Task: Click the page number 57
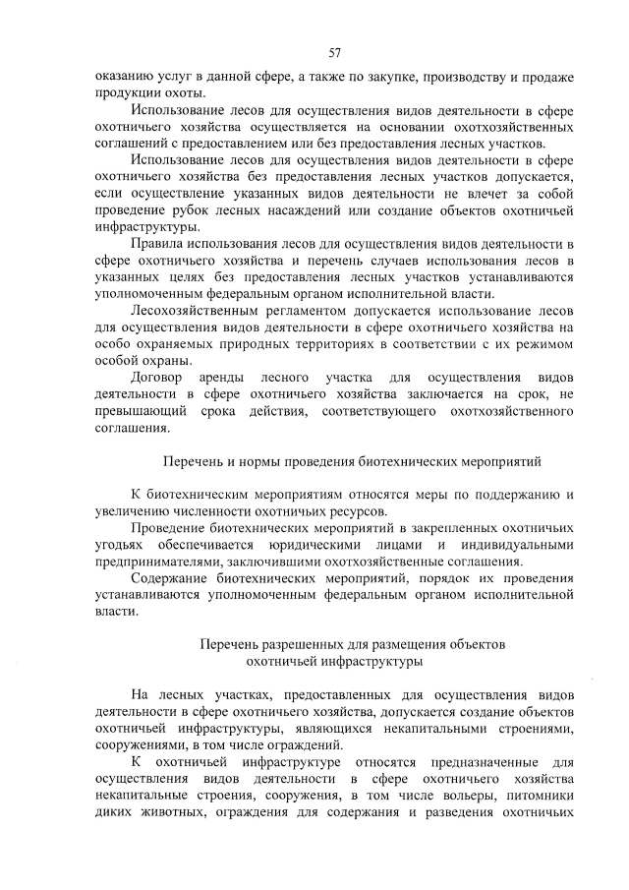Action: coord(334,51)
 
